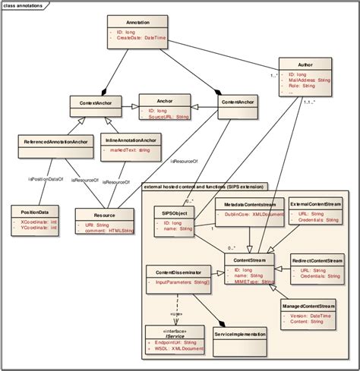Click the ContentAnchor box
[x=236, y=101]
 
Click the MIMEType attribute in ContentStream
[x=251, y=281]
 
